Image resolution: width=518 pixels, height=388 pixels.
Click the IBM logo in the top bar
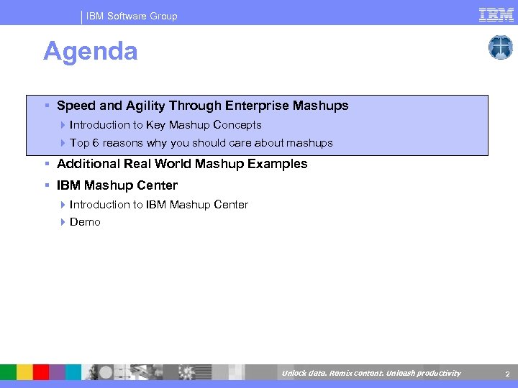pos(496,14)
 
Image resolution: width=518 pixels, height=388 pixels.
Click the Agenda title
pos(91,51)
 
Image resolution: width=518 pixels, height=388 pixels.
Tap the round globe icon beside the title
pos(500,47)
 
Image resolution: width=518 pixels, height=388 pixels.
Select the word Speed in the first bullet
pos(76,106)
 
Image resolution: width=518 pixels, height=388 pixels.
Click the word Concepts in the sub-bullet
pos(237,125)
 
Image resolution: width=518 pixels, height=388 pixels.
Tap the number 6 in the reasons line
pos(95,143)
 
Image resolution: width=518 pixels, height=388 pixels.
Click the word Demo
pos(85,222)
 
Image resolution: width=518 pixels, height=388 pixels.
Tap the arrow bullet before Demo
pos(63,222)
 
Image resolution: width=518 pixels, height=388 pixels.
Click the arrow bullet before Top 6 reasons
pos(63,143)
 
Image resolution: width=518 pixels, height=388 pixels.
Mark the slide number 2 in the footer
pos(507,374)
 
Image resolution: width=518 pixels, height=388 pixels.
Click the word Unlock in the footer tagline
pos(294,373)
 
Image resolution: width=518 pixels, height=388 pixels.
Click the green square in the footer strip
pos(8,372)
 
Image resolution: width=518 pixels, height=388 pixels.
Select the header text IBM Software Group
pos(132,16)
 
